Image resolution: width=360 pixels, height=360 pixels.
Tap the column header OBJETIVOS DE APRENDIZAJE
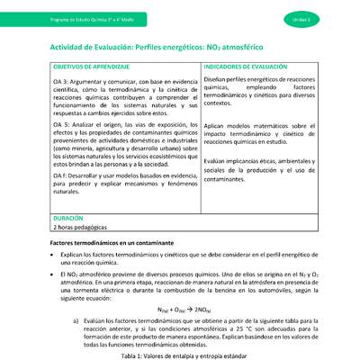pos(78,67)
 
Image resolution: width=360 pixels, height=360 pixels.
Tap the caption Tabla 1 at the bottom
pos(180,355)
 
